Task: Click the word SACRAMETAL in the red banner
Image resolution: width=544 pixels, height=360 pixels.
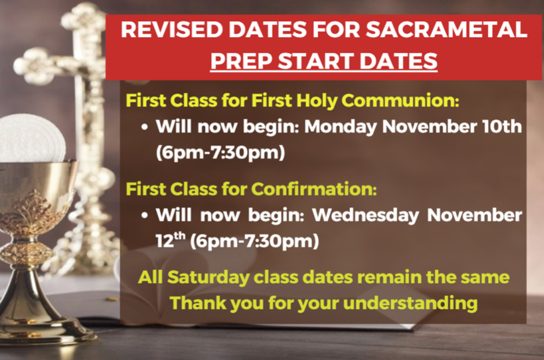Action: [447, 29]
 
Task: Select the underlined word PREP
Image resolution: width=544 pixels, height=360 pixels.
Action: [242, 61]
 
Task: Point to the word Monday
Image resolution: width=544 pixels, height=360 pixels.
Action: [341, 127]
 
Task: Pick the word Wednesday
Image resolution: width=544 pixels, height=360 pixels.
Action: [366, 216]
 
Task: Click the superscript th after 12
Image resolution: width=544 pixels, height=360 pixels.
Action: [180, 236]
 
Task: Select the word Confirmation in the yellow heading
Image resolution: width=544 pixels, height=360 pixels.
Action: [314, 189]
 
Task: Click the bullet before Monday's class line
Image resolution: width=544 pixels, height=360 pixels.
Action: [145, 127]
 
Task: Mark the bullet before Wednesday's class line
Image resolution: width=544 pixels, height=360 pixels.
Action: [145, 216]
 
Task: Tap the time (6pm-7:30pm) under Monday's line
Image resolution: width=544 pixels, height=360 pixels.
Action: [220, 153]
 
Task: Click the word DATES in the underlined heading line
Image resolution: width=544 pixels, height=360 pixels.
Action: [398, 61]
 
